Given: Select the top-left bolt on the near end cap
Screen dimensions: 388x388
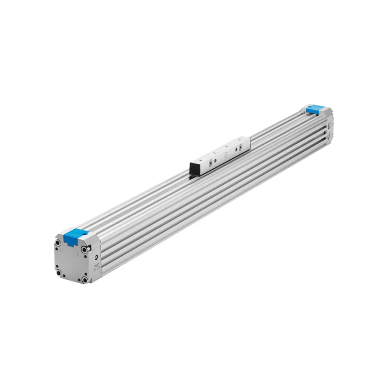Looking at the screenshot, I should coord(58,243).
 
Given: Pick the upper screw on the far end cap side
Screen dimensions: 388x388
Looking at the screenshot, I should coord(329,125).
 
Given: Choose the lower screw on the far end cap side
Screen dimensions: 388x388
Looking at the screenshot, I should coord(329,136).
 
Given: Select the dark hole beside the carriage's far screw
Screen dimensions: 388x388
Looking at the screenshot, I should coord(236,149).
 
